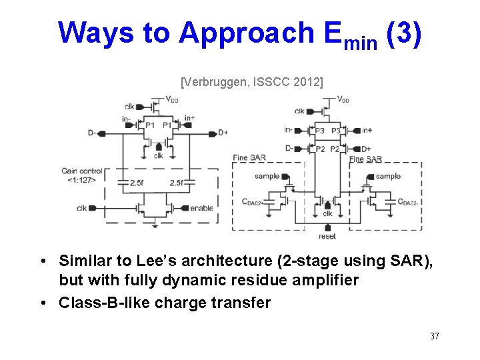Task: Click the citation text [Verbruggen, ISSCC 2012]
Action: [x=252, y=82]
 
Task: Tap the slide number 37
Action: [x=435, y=336]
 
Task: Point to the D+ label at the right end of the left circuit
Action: [x=223, y=133]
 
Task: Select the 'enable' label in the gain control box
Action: [x=201, y=208]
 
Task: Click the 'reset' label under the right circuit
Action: [x=327, y=236]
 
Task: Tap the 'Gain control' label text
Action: [x=82, y=171]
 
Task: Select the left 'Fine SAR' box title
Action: [x=249, y=158]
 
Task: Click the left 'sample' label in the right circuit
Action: [x=268, y=176]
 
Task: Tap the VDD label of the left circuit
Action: [x=172, y=100]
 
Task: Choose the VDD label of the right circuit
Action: [x=343, y=100]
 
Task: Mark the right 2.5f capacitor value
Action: [x=177, y=182]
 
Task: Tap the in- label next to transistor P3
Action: [x=288, y=130]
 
